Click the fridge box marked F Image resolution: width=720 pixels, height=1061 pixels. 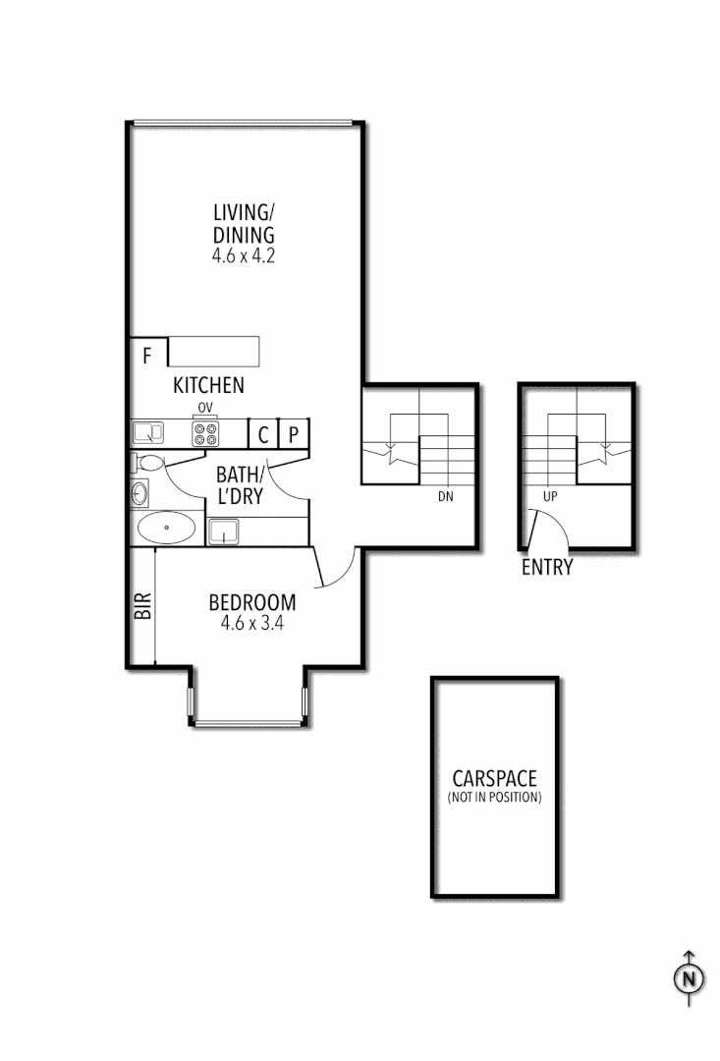147,353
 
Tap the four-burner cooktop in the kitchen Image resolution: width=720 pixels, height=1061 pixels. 206,433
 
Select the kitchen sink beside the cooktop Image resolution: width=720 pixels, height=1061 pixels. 148,432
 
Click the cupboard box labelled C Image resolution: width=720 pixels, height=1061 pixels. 263,434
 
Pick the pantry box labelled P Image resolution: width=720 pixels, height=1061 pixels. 294,434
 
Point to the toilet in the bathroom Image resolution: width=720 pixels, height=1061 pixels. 148,463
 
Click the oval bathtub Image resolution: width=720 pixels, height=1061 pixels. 166,529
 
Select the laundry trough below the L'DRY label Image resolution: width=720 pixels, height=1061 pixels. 224,532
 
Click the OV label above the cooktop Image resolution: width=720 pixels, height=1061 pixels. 205,408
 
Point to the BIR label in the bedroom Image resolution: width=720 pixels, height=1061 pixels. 141,605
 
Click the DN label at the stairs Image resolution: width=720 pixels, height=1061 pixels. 445,497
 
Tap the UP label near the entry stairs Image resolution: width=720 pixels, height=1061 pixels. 550,497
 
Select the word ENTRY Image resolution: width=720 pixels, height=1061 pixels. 547,567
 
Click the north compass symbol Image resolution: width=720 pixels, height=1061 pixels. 690,978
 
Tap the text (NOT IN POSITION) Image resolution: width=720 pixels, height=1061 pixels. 494,798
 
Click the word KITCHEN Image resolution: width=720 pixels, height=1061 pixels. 208,384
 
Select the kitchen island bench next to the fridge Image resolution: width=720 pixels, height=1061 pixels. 214,352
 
